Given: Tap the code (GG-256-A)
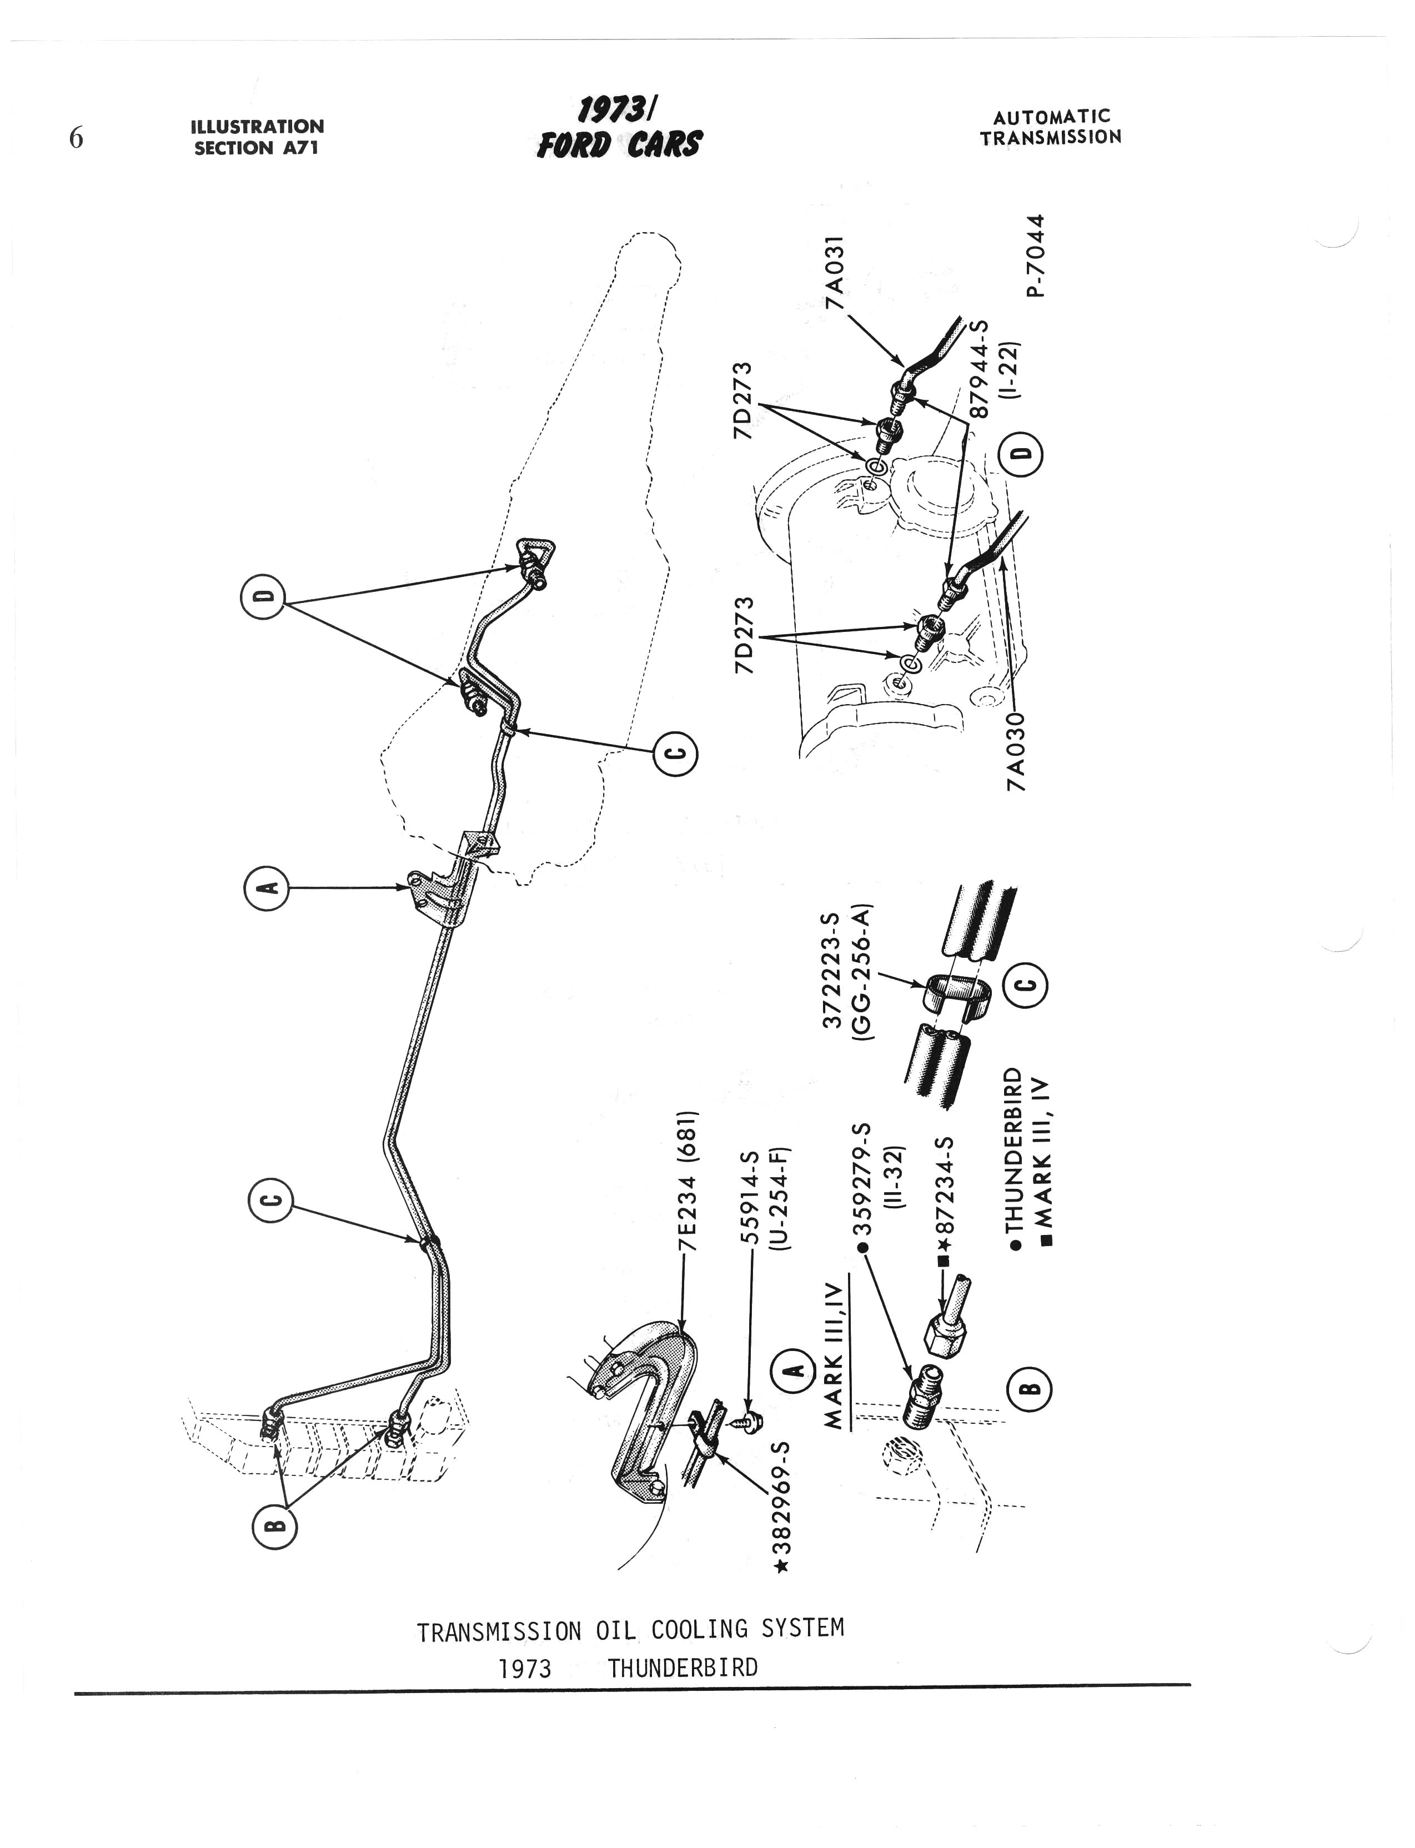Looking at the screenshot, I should coord(862,973).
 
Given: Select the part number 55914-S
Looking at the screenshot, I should coord(750,1199).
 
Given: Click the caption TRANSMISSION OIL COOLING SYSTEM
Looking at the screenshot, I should coord(630,1631).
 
